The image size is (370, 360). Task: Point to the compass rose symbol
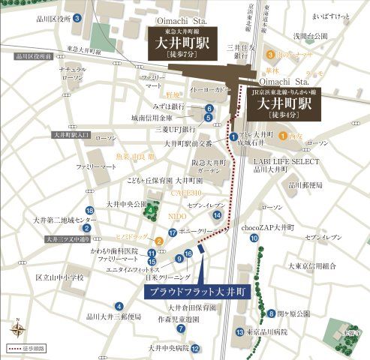[x=17, y=328]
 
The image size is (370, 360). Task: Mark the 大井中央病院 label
[x=165, y=348]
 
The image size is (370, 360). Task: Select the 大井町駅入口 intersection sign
[x=72, y=135]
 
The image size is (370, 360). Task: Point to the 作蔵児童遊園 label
[x=178, y=319]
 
